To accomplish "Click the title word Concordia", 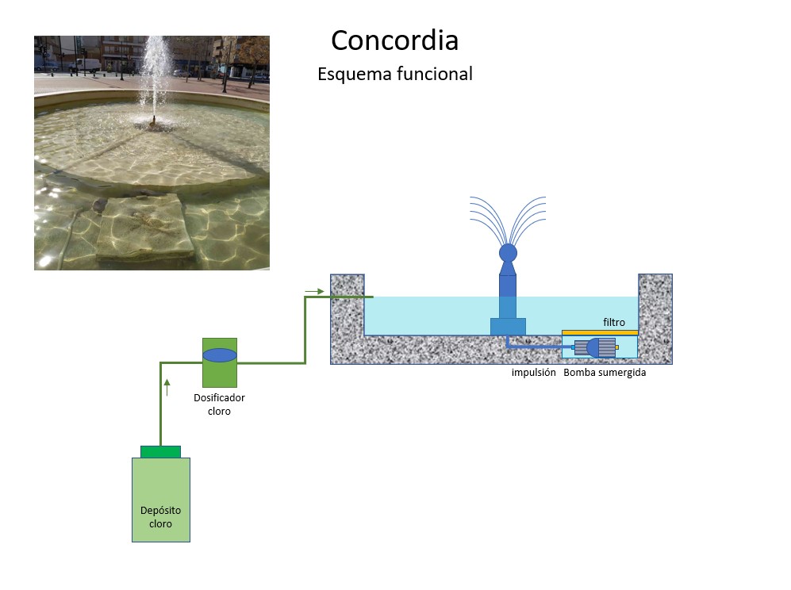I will (394, 40).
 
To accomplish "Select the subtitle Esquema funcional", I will (394, 75).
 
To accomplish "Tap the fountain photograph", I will (152, 153).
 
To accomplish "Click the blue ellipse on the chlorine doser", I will (220, 355).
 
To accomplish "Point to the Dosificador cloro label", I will (219, 404).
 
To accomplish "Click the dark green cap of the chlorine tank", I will (160, 452).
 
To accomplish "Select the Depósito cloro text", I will (160, 517).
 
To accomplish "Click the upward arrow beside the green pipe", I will (167, 388).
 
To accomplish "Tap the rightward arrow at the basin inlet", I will (315, 291).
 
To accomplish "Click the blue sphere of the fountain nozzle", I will (508, 253).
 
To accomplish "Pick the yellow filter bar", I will (600, 332).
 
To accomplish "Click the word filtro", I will (613, 322).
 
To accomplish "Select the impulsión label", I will (533, 372).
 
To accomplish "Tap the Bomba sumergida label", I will (605, 372).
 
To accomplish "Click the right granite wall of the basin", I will (655, 317).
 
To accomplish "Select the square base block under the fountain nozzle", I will (508, 326).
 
